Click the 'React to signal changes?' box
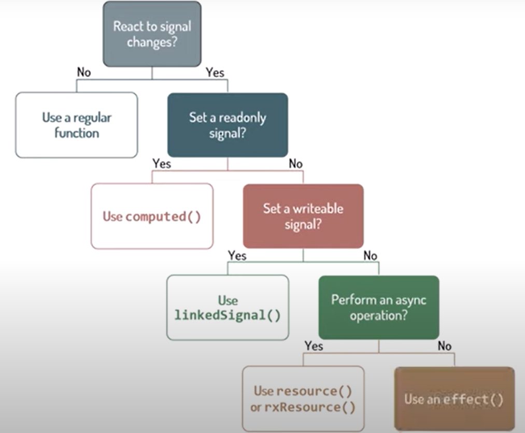(x=152, y=34)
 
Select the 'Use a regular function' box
(x=77, y=125)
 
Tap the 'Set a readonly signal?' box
(x=228, y=125)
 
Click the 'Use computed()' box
(x=152, y=216)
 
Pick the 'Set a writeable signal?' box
(x=303, y=216)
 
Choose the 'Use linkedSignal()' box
(x=228, y=308)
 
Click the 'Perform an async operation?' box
(x=378, y=308)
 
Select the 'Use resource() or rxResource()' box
(x=303, y=399)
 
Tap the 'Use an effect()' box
(x=454, y=399)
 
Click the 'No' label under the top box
(x=83, y=73)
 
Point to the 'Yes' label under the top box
(x=215, y=73)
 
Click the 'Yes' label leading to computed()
(x=162, y=164)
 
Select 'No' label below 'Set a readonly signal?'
(x=295, y=164)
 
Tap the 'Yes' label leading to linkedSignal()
(x=237, y=255)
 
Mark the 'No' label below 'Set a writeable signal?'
(x=370, y=255)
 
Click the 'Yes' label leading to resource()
(x=314, y=346)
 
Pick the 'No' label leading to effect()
(x=445, y=346)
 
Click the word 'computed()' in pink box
(x=163, y=216)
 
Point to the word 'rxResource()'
(x=310, y=408)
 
